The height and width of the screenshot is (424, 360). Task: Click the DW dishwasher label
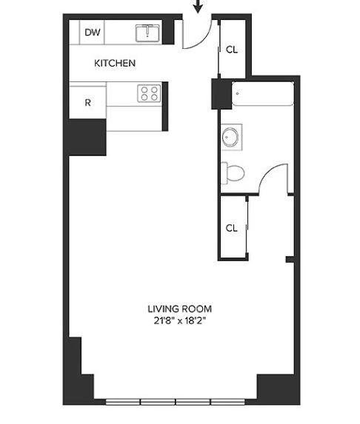coord(93,33)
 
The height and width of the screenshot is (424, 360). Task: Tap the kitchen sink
coord(147,33)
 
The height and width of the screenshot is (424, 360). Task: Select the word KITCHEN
coord(115,64)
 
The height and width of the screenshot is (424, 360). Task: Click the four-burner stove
coord(149,93)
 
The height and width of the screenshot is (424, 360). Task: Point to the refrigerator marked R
coord(87,102)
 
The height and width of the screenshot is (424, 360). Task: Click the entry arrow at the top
coord(198,6)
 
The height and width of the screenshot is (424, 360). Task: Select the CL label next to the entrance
coord(232,50)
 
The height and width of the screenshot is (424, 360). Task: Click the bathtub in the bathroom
coord(262,94)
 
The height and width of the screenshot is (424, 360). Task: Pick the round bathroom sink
coord(231,137)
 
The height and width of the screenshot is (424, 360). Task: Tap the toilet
coord(233,173)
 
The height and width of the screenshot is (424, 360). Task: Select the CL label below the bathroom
coord(231,228)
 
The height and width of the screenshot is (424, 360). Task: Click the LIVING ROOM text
coord(180,309)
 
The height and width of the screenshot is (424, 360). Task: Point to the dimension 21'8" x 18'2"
coord(180,320)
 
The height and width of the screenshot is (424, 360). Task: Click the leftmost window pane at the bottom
coord(123,402)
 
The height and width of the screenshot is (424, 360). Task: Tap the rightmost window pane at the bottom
coord(228,402)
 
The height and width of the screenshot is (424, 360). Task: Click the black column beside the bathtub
coord(221,94)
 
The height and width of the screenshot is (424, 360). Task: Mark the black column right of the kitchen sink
coord(168,32)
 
